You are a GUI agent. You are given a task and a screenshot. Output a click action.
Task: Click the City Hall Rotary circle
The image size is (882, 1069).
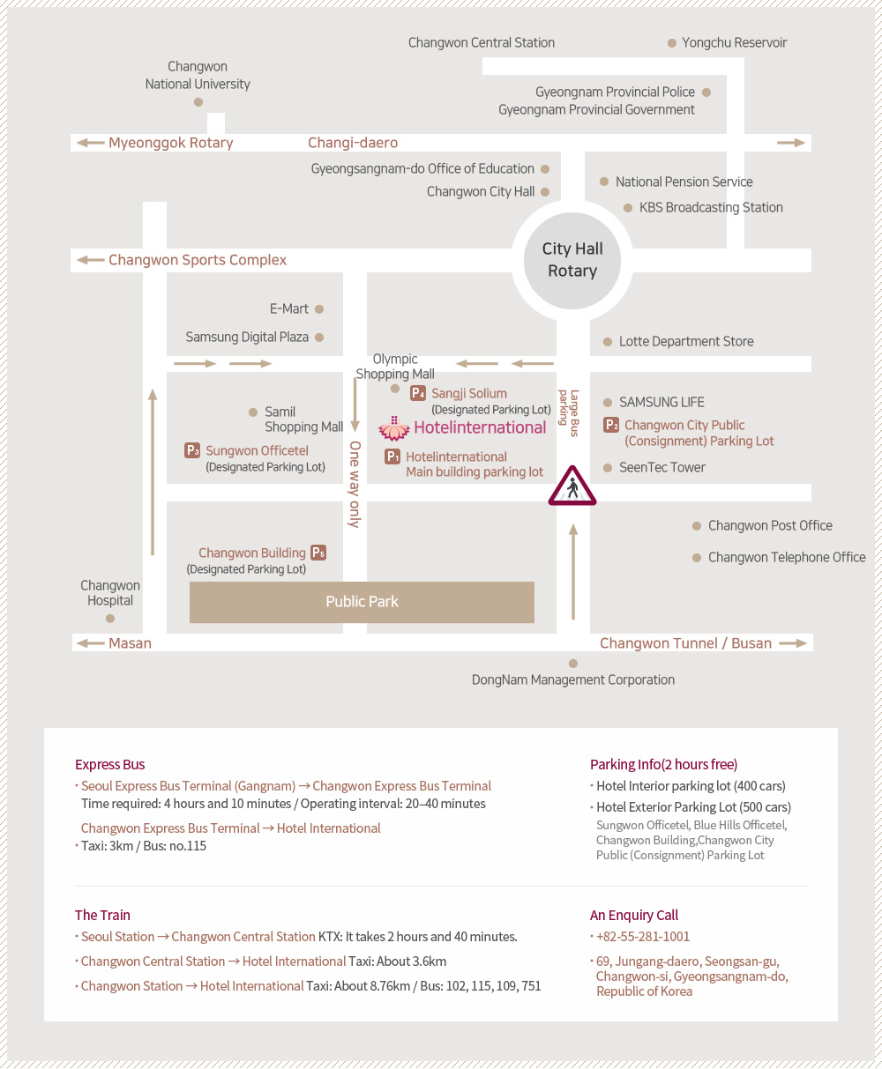pyautogui.click(x=572, y=261)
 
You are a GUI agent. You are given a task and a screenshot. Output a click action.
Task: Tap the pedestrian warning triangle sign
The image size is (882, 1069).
pyautogui.click(x=572, y=486)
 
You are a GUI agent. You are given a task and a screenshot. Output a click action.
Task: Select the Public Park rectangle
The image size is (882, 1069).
pyautogui.click(x=362, y=602)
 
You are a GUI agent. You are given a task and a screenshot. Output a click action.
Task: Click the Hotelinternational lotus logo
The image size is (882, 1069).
pyautogui.click(x=394, y=428)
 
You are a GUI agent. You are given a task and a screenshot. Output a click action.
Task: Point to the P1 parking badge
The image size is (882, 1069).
pyautogui.click(x=392, y=457)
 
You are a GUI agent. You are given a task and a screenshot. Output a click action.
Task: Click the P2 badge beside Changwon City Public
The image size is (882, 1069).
pyautogui.click(x=611, y=425)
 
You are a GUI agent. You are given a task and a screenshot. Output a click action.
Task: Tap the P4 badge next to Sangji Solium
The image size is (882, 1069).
pyautogui.click(x=418, y=393)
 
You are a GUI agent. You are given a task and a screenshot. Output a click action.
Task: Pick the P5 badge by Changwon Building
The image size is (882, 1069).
pyautogui.click(x=318, y=553)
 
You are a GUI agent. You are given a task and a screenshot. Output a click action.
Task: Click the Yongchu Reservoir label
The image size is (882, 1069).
pyautogui.click(x=734, y=42)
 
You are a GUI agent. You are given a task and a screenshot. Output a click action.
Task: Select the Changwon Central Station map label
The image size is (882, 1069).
pyautogui.click(x=482, y=42)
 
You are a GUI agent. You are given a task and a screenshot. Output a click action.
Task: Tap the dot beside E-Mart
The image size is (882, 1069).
pyautogui.click(x=319, y=309)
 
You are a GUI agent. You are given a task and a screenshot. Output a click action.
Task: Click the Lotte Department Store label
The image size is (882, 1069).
pyautogui.click(x=686, y=341)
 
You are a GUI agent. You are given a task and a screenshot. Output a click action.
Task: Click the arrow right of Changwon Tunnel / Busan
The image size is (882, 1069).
pyautogui.click(x=793, y=643)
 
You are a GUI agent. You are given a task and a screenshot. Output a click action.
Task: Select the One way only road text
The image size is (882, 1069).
pyautogui.click(x=355, y=484)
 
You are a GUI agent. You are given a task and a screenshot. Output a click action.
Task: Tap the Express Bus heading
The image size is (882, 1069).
pyautogui.click(x=110, y=764)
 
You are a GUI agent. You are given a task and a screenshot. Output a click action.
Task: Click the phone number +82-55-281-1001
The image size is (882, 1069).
pyautogui.click(x=643, y=936)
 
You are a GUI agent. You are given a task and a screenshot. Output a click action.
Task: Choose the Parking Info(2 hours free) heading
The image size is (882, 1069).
pyautogui.click(x=663, y=764)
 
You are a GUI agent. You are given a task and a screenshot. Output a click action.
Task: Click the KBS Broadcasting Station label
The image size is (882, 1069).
pyautogui.click(x=711, y=207)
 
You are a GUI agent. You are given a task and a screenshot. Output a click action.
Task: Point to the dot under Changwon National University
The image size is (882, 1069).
pyautogui.click(x=198, y=102)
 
